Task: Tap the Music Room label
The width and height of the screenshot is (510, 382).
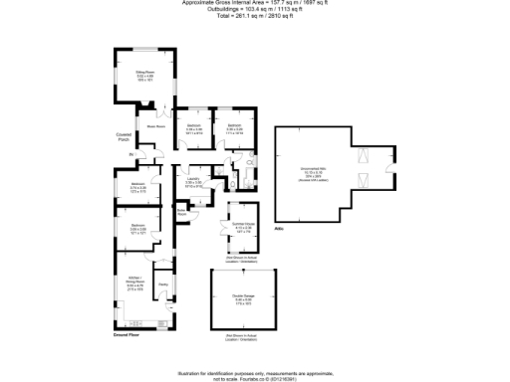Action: (x=155, y=125)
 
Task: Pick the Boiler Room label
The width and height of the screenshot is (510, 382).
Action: (x=182, y=212)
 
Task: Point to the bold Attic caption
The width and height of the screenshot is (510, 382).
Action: (x=279, y=230)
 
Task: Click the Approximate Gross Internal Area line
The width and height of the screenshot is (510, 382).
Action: (x=254, y=4)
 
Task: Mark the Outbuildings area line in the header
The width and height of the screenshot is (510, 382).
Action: (x=254, y=11)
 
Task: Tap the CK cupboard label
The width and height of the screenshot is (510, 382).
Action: (x=249, y=161)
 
